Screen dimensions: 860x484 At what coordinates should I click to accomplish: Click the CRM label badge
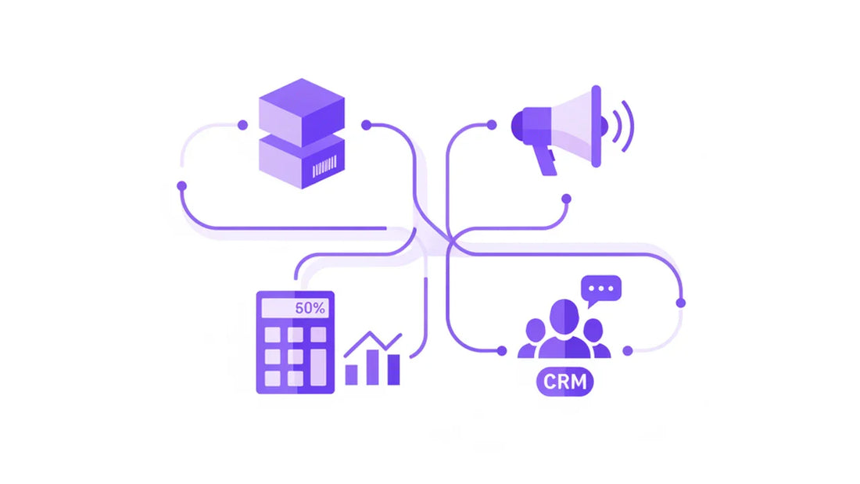click(565, 382)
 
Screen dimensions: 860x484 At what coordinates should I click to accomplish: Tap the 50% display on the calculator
click(295, 308)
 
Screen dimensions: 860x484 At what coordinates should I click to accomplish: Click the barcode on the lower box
click(324, 167)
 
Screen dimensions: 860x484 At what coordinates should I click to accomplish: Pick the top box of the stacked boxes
click(302, 113)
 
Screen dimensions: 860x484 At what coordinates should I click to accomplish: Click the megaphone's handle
click(545, 160)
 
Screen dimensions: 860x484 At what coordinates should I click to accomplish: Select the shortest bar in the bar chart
click(351, 375)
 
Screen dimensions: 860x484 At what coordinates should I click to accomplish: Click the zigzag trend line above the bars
click(373, 344)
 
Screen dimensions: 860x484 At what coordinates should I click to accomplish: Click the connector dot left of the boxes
click(242, 125)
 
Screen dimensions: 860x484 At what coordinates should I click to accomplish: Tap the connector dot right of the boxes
click(367, 125)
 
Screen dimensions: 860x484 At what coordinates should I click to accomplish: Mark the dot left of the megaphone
click(492, 125)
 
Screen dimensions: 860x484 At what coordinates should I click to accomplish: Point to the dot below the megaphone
click(567, 199)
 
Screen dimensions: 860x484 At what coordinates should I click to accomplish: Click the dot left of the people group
click(501, 350)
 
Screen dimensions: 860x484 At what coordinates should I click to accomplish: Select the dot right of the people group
click(628, 350)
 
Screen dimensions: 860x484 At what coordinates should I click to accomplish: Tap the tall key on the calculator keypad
click(318, 367)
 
